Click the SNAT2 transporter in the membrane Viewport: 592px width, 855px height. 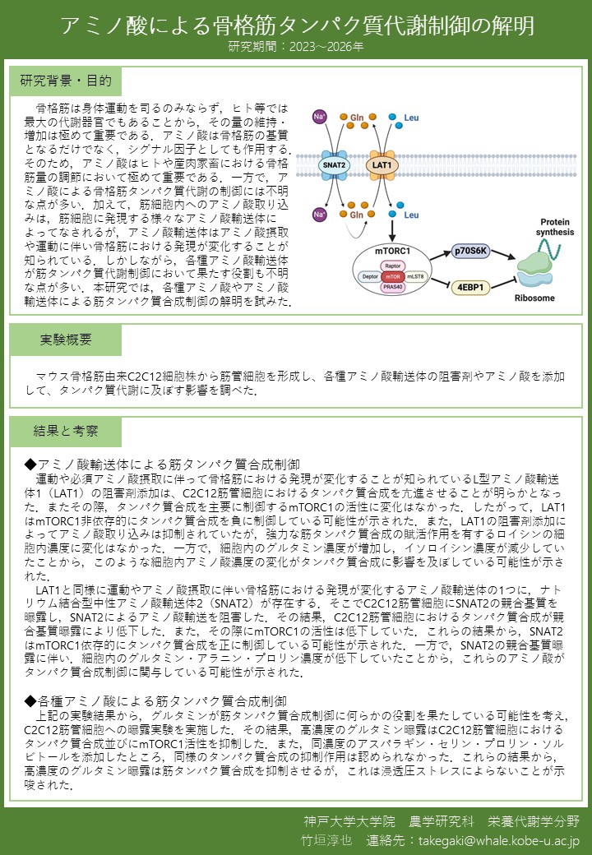[x=335, y=165]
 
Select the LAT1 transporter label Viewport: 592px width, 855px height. [x=382, y=165]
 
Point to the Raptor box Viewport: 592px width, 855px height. [x=392, y=266]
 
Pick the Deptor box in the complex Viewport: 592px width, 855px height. [x=368, y=277]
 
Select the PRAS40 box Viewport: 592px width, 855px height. [x=392, y=288]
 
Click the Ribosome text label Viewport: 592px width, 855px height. [x=535, y=298]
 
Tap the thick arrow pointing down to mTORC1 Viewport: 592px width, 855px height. [x=392, y=229]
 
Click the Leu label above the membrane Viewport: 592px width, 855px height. [x=411, y=118]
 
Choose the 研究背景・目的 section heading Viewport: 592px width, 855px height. [x=66, y=81]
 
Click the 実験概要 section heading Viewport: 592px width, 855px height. [x=66, y=340]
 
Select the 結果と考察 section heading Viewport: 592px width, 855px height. [x=66, y=431]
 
